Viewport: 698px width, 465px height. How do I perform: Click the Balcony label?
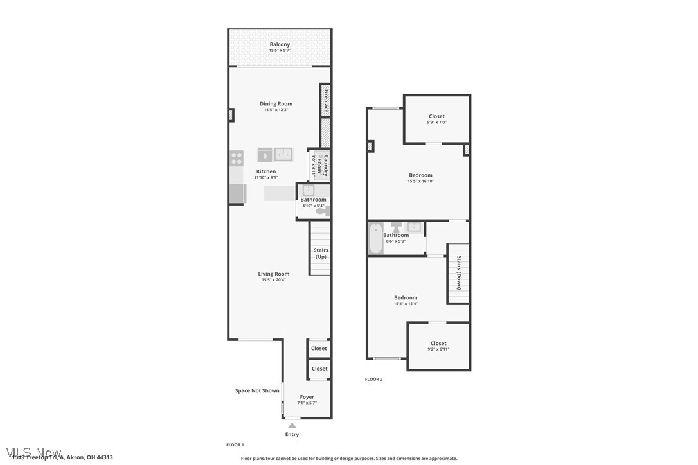pyautogui.click(x=280, y=44)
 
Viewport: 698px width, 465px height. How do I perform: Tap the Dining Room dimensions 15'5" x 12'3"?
pyautogui.click(x=276, y=110)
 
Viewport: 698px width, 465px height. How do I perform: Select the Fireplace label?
pyautogui.click(x=326, y=101)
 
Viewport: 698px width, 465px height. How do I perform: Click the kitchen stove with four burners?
pyautogui.click(x=237, y=158)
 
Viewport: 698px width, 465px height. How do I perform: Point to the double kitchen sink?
pyautogui.click(x=283, y=154)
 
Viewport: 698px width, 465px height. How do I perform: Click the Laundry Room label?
pyautogui.click(x=326, y=165)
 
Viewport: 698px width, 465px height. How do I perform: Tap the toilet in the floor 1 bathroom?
pyautogui.click(x=321, y=211)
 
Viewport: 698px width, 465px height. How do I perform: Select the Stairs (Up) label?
pyautogui.click(x=321, y=253)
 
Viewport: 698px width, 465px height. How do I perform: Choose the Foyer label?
pyautogui.click(x=307, y=397)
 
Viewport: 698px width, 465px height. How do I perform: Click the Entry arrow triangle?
pyautogui.click(x=292, y=425)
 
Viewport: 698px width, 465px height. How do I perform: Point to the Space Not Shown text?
pyautogui.click(x=257, y=390)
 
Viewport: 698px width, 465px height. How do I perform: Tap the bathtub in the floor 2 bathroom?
pyautogui.click(x=375, y=238)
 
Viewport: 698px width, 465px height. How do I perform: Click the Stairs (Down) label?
pyautogui.click(x=459, y=273)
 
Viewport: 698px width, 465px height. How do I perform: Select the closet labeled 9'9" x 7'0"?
pyautogui.click(x=437, y=119)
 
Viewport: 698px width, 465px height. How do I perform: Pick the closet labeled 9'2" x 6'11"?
pyautogui.click(x=438, y=346)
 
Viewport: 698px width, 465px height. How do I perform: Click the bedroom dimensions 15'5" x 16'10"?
pyautogui.click(x=420, y=181)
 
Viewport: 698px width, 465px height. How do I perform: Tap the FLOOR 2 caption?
pyautogui.click(x=373, y=379)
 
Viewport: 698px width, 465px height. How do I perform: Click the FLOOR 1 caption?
pyautogui.click(x=235, y=444)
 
